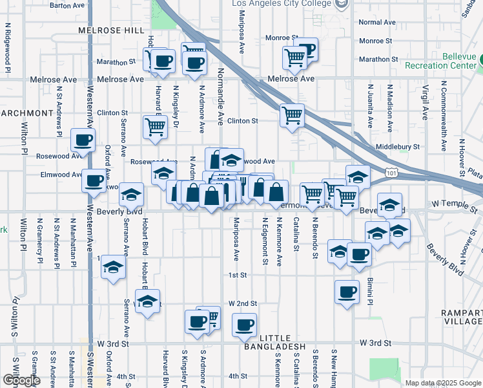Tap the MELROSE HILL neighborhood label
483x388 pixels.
tap(111, 30)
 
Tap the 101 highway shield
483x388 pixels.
tap(391, 173)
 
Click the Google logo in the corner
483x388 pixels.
tap(21, 380)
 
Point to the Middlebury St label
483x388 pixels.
tap(397, 147)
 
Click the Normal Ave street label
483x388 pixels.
tap(377, 22)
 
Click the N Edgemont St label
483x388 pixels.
tap(265, 242)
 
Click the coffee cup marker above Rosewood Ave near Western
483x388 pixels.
tap(83, 140)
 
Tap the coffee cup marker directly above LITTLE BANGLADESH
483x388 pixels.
tap(244, 325)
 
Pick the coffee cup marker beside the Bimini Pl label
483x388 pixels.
tap(347, 292)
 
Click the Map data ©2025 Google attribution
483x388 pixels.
tap(443, 382)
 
